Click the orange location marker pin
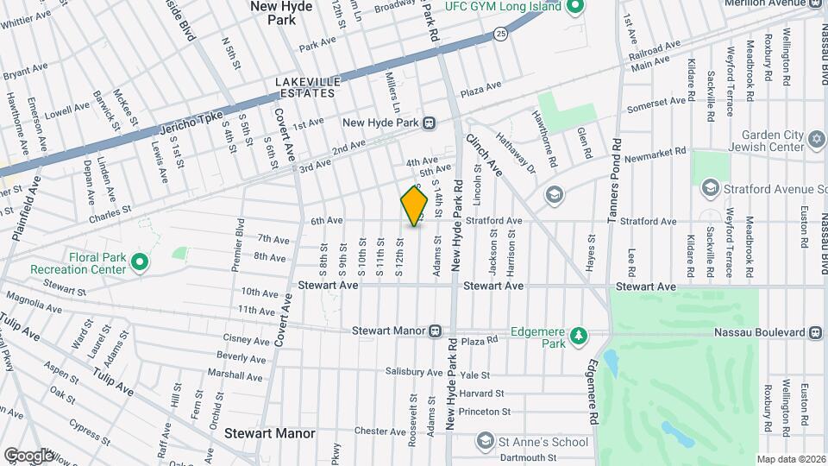(x=414, y=206)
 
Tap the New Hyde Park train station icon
(x=428, y=123)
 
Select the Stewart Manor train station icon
(x=436, y=331)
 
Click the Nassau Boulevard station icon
(x=815, y=332)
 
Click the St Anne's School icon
(x=485, y=441)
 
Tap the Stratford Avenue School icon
(x=711, y=188)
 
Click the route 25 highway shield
(x=501, y=34)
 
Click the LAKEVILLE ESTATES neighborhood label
(x=308, y=87)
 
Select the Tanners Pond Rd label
(x=616, y=173)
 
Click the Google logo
(x=28, y=455)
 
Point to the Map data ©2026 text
(x=791, y=459)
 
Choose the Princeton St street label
(x=486, y=412)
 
